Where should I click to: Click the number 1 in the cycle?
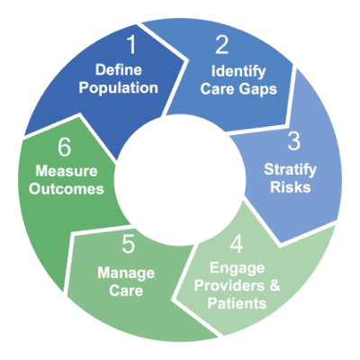[132, 45]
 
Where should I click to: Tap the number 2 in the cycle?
[221, 45]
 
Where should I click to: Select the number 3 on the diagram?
[293, 141]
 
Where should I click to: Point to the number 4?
[237, 244]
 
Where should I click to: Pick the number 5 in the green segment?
[129, 244]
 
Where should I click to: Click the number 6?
[64, 148]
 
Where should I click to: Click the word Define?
[119, 70]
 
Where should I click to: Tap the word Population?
[118, 88]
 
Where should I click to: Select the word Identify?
[238, 72]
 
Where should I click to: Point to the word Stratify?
[290, 170]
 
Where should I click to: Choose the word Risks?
[291, 187]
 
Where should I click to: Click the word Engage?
[237, 268]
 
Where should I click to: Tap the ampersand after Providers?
[274, 285]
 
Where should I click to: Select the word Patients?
[237, 303]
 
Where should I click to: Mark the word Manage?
[126, 274]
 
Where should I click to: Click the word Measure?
[67, 171]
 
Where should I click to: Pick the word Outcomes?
[67, 189]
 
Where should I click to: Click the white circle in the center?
[179, 180]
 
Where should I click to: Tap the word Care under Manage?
[126, 291]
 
